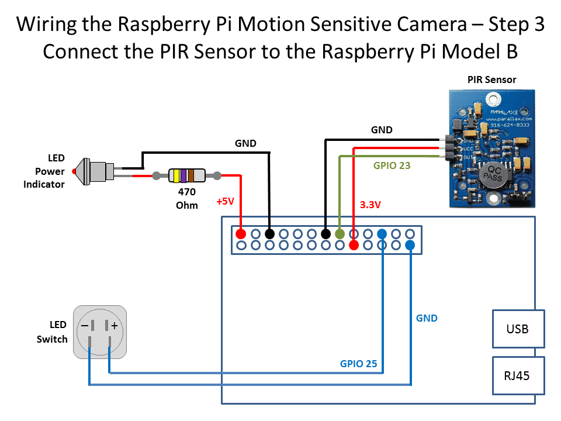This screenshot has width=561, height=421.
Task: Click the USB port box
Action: coord(518,329)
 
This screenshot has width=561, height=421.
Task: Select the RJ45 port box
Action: coord(518,375)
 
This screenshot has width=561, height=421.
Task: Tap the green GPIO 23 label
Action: coord(392,165)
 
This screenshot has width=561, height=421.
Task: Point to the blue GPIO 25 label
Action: coord(359,364)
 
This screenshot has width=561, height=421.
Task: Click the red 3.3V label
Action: coord(370,205)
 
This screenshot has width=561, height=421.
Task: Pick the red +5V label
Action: coord(225,201)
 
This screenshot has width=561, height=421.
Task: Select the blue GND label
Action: coord(427,318)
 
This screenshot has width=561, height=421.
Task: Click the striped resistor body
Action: coord(186,175)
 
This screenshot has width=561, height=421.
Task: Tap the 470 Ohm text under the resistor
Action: coord(186,198)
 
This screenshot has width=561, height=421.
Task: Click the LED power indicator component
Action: coord(93,171)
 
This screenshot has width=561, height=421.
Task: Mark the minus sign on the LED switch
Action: coord(85,325)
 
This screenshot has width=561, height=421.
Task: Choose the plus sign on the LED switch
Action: coord(115,325)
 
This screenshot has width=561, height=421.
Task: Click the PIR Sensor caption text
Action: coord(491,80)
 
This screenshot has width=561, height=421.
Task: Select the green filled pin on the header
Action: coord(340,234)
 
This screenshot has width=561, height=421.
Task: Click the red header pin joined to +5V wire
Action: coord(240,234)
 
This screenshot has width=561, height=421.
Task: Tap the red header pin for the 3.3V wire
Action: coord(354,245)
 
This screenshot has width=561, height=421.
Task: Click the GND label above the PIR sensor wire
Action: coord(382,130)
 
